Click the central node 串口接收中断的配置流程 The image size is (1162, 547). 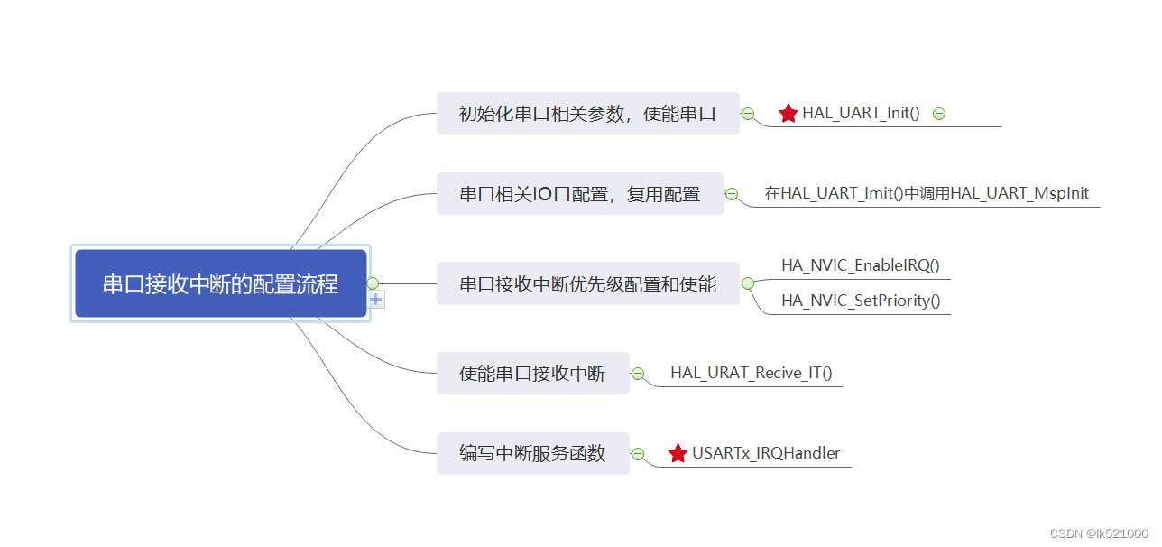[x=221, y=284]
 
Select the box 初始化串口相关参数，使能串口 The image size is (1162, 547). [x=587, y=114]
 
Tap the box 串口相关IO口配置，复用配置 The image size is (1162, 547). [x=580, y=194]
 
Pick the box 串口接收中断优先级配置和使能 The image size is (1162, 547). [x=587, y=284]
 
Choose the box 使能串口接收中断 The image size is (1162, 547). [x=532, y=374]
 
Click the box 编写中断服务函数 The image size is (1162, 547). [x=532, y=453]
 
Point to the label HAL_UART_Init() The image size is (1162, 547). [x=861, y=114]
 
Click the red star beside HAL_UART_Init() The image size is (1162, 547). [x=788, y=114]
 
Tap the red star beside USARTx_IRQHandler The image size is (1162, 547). [x=678, y=453]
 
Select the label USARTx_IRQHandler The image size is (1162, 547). [x=766, y=453]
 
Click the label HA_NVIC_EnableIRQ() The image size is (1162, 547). [x=861, y=265]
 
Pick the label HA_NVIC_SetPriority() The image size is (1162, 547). [x=861, y=301]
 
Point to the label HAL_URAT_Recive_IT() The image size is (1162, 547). [x=751, y=373]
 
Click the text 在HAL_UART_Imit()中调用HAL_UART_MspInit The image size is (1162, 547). [x=927, y=193]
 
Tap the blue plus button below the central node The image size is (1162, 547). [x=376, y=300]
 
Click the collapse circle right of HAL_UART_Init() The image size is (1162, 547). [x=939, y=114]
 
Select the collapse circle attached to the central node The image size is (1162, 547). [x=373, y=283]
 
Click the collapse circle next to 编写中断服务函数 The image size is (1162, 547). [x=638, y=454]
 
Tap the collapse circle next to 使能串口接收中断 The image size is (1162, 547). [x=638, y=374]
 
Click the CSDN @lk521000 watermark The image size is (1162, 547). [x=1099, y=533]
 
